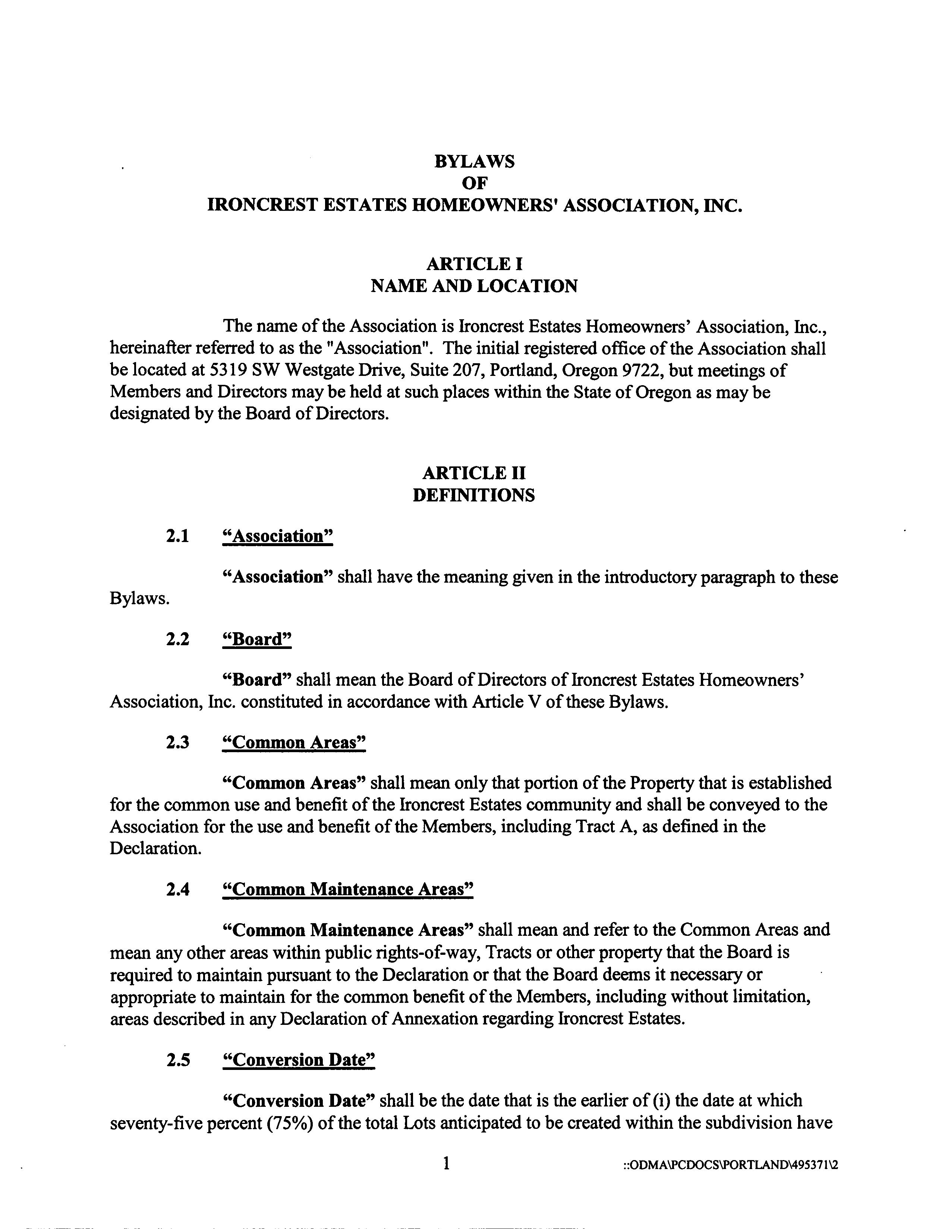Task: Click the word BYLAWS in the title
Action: tap(474, 162)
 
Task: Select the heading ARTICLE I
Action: tap(474, 264)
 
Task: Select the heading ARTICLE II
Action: tap(474, 473)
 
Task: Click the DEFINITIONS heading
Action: tap(474, 495)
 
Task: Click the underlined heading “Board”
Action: tap(257, 639)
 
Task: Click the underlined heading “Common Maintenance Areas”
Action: tap(348, 889)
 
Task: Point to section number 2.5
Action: tap(178, 1060)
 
